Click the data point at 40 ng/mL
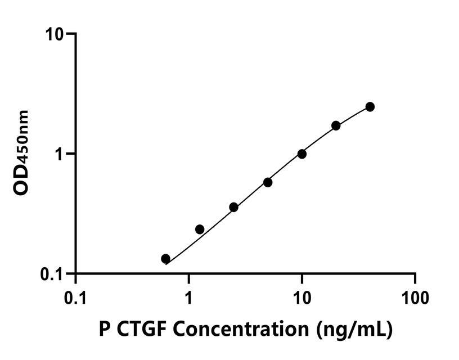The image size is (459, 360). (x=370, y=107)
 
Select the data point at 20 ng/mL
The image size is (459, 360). (x=336, y=125)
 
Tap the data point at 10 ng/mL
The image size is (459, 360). (x=302, y=154)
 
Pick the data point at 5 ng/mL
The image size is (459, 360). (x=268, y=182)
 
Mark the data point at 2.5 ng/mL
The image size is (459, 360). (x=234, y=207)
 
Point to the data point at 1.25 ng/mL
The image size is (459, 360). (x=200, y=229)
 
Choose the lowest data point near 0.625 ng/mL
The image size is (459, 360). (x=165, y=259)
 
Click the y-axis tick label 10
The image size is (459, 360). (x=56, y=34)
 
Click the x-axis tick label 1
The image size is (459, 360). (x=189, y=296)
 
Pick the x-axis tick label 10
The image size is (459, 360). (x=302, y=296)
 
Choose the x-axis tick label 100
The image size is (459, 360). (x=415, y=296)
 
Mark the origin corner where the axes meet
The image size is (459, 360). (x=75, y=274)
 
